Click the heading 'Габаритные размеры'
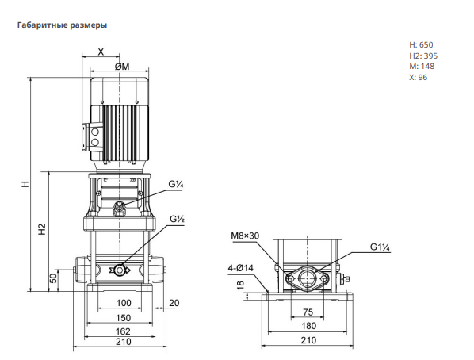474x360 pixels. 63,25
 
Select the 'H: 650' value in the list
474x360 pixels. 421,44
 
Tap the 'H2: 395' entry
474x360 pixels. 423,56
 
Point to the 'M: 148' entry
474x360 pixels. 422,67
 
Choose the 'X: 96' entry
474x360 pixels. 419,77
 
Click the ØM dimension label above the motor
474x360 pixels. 122,67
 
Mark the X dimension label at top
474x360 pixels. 101,52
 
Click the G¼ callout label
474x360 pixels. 176,184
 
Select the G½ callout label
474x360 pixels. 177,219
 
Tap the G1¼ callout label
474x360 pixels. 380,247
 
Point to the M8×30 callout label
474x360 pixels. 245,236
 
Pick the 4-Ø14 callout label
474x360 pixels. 241,268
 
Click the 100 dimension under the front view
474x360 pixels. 124,303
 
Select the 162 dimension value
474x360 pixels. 123,331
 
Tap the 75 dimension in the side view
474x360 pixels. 308,312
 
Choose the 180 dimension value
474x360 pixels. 308,326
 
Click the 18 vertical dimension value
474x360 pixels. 241,285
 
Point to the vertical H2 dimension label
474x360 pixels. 42,229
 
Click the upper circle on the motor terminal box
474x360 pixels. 95,132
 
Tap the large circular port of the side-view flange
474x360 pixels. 307,278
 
